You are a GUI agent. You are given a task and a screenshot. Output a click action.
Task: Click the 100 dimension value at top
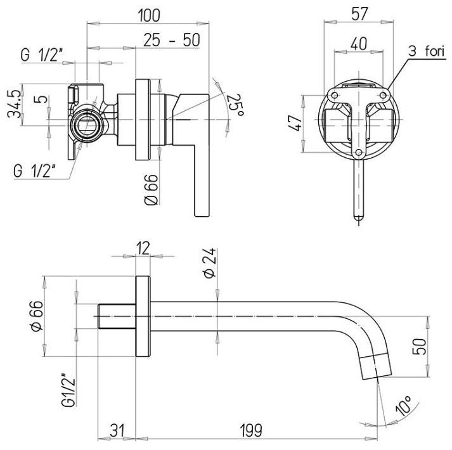pyautogui.click(x=149, y=15)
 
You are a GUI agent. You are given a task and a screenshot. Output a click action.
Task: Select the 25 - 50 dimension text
pyautogui.click(x=172, y=40)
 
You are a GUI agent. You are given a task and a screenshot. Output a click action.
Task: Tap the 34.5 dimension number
pyautogui.click(x=14, y=104)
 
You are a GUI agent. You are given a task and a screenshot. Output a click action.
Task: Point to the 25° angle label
pyautogui.click(x=236, y=105)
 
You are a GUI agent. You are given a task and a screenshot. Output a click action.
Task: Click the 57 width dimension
pyautogui.click(x=359, y=13)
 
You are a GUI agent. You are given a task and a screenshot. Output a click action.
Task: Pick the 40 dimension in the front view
pyautogui.click(x=359, y=44)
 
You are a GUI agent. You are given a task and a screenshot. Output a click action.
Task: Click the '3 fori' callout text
pyautogui.click(x=427, y=51)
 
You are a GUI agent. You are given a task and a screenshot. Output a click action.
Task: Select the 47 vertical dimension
pyautogui.click(x=296, y=123)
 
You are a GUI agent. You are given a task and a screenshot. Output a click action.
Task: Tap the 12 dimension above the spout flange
pyautogui.click(x=143, y=248)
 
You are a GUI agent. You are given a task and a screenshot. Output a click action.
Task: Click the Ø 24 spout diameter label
pyautogui.click(x=210, y=262)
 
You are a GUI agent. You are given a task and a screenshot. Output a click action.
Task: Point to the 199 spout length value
pyautogui.click(x=251, y=430)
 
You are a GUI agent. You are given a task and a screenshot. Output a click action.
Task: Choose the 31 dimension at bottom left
pyautogui.click(x=117, y=430)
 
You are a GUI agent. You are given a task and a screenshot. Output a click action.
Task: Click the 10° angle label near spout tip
pyautogui.click(x=403, y=406)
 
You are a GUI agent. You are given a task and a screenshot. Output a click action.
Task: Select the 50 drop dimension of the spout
pyautogui.click(x=420, y=347)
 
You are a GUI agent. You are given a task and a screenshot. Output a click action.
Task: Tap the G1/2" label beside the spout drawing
pyautogui.click(x=68, y=390)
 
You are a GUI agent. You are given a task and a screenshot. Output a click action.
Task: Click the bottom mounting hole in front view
pyautogui.click(x=359, y=152)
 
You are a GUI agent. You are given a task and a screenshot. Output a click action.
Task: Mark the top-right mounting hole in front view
pyautogui.click(x=383, y=95)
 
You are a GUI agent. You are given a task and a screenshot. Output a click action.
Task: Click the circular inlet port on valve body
pyautogui.click(x=87, y=126)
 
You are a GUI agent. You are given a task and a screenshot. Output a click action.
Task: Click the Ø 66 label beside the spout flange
pyautogui.click(x=37, y=316)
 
